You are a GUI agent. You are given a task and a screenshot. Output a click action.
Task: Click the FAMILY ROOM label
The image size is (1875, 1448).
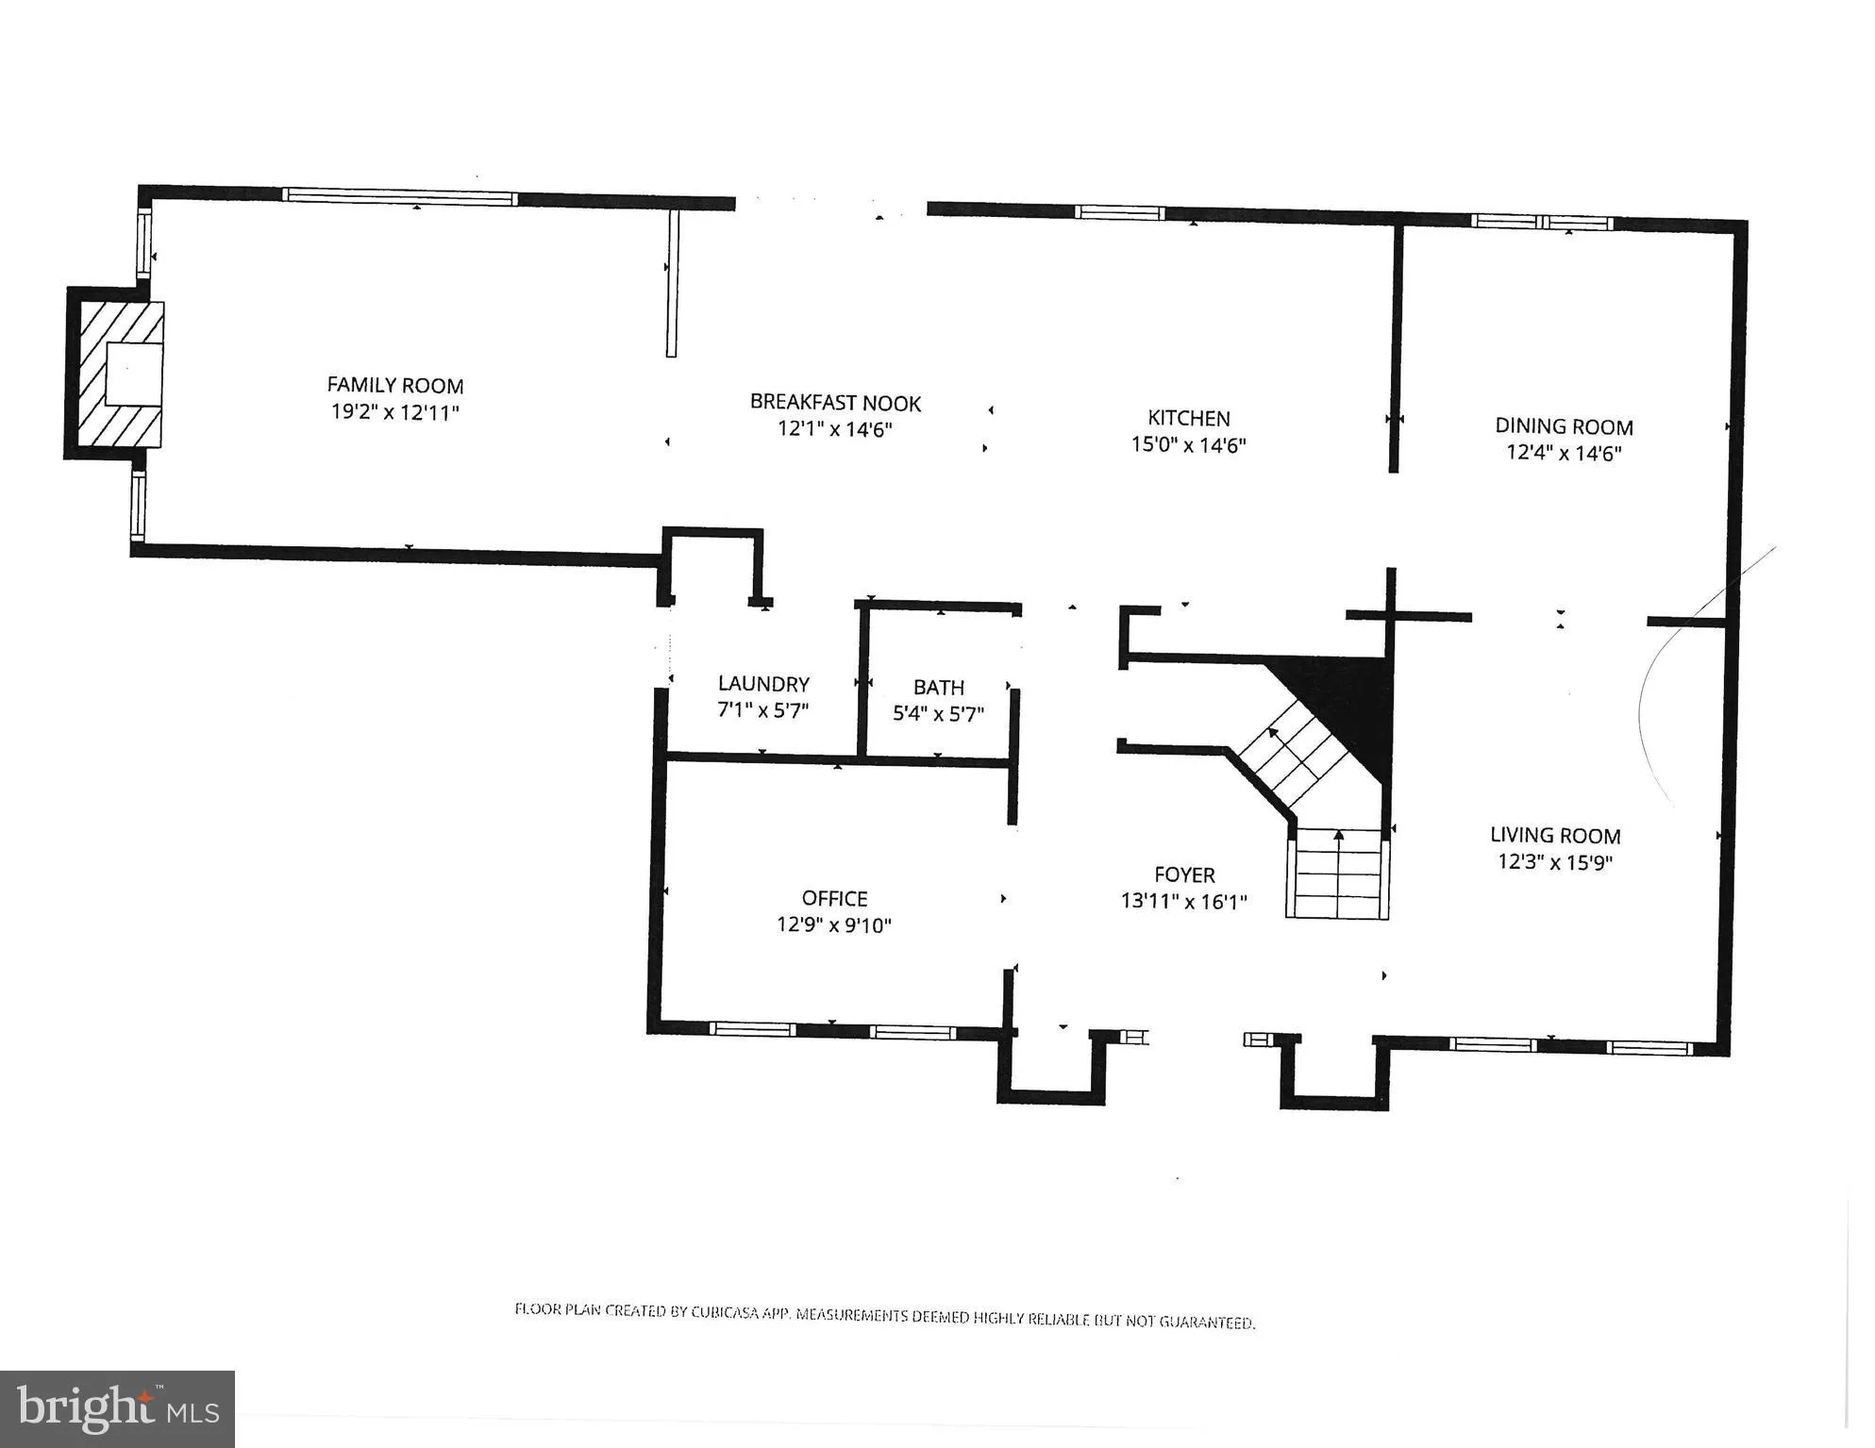[394, 385]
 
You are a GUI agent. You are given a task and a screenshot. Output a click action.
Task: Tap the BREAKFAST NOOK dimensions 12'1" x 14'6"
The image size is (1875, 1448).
[835, 429]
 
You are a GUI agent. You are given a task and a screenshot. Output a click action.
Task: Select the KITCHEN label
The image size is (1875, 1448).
[1188, 418]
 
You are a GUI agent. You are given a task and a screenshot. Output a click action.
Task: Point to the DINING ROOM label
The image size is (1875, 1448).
[1563, 426]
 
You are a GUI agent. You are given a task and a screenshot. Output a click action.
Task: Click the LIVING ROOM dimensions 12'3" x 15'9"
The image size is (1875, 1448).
[1554, 861]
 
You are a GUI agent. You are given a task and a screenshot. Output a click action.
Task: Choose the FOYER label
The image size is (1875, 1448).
[1184, 874]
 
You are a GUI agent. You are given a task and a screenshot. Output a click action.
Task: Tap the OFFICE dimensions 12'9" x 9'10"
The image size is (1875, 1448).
[833, 925]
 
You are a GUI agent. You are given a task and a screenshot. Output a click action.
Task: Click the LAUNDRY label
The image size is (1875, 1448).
[763, 683]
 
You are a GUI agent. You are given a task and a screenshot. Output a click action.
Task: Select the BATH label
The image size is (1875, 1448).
[938, 687]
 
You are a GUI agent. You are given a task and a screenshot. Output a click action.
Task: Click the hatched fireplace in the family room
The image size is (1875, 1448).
[119, 374]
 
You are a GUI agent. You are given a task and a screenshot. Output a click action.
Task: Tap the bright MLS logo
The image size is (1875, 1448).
[117, 1409]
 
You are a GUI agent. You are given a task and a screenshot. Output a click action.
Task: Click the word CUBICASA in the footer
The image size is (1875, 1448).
[727, 1312]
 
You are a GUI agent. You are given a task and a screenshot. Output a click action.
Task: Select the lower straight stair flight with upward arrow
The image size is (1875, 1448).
[1338, 873]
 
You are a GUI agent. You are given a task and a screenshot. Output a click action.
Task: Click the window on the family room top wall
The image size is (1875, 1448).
[399, 197]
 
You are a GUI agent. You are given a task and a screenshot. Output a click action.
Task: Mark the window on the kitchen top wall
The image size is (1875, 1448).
[1120, 212]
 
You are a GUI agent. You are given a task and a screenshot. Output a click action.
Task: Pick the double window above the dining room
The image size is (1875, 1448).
[1542, 223]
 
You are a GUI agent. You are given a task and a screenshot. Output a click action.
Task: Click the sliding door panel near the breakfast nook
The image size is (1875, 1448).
[672, 282]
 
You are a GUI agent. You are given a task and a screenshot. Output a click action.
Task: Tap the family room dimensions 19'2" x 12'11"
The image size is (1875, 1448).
[394, 412]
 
